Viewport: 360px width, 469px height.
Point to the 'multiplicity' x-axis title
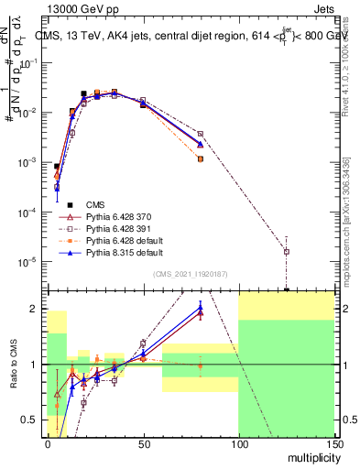309,457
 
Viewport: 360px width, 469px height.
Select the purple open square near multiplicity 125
287,251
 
